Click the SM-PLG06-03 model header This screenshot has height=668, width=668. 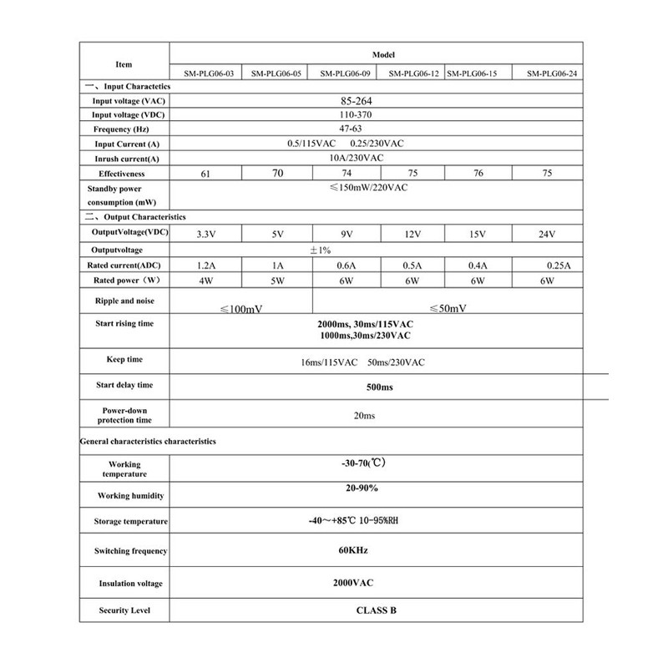(x=205, y=73)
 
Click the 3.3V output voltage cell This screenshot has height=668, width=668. (x=205, y=235)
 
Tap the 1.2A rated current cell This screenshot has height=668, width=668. (x=205, y=266)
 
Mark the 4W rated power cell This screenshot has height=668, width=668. (x=205, y=281)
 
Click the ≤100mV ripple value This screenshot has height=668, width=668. (x=241, y=309)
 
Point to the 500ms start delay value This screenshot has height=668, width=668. (x=380, y=388)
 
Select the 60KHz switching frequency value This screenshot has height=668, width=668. (x=350, y=550)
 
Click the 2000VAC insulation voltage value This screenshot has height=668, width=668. (x=352, y=582)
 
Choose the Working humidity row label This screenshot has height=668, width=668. (x=124, y=496)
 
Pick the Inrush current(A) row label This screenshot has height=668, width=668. (x=125, y=159)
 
